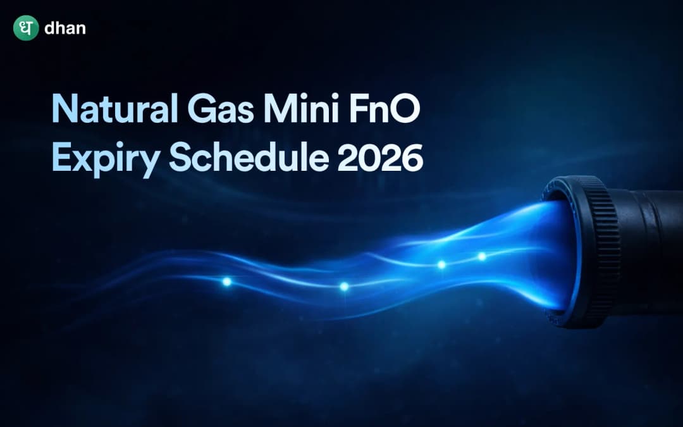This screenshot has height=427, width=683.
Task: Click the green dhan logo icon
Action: tap(26, 28)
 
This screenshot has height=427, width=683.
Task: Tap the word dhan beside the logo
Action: tap(65, 28)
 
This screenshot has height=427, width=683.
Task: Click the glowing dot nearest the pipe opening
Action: tap(482, 256)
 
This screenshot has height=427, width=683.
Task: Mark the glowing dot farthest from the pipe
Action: tap(226, 282)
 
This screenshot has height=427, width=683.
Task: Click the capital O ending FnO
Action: tap(407, 110)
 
